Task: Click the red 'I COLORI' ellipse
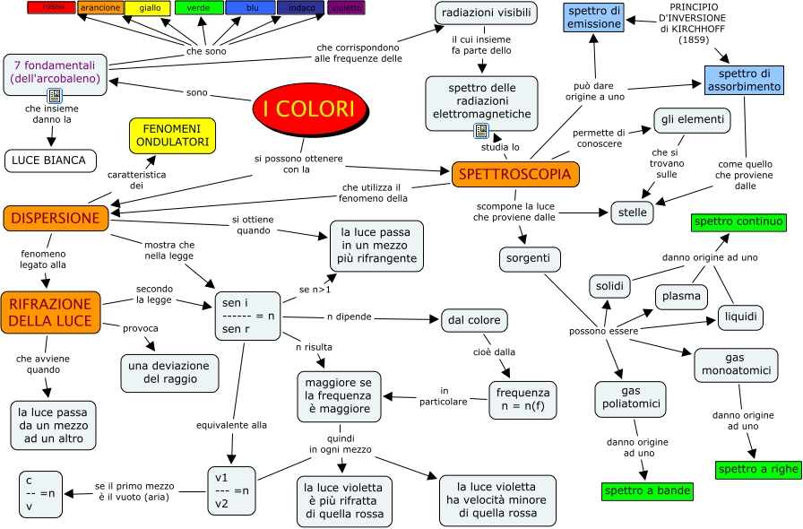[x=309, y=108]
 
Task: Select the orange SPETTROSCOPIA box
[x=515, y=174]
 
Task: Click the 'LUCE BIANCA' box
[x=50, y=160]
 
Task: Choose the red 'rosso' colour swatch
[x=53, y=8]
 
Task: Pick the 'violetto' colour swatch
[x=346, y=8]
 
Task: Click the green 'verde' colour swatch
[x=198, y=8]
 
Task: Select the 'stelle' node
[x=632, y=213]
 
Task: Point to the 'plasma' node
[x=681, y=296]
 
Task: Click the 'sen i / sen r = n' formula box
[x=247, y=316]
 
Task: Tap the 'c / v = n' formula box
[x=40, y=494]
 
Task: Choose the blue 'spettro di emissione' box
[x=593, y=17]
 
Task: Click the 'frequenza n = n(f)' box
[x=522, y=400]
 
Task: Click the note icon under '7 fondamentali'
[x=54, y=95]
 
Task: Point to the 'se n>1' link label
[x=315, y=291]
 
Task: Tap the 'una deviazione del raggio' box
[x=169, y=373]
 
